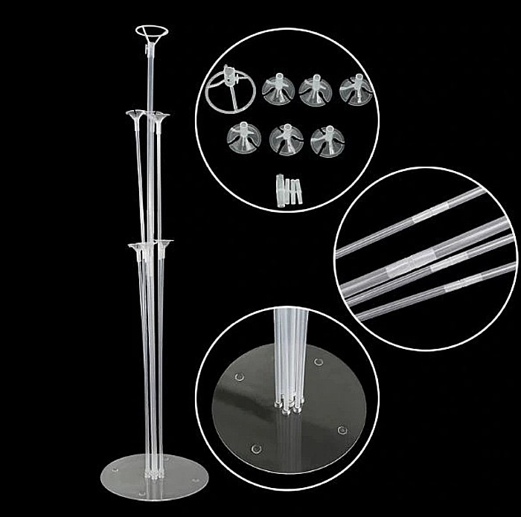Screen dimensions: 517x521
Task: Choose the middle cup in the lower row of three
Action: tap(286, 138)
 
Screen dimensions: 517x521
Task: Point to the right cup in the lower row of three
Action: tap(327, 138)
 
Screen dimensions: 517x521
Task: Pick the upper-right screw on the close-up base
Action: tap(319, 362)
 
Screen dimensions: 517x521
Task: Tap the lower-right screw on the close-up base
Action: tap(342, 429)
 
